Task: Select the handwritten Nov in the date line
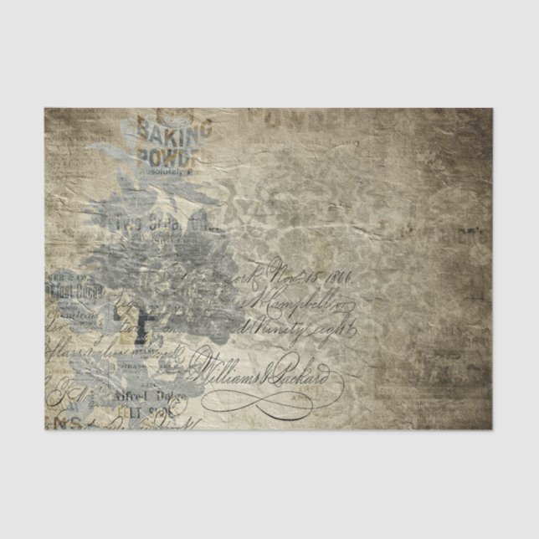[x=280, y=273]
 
